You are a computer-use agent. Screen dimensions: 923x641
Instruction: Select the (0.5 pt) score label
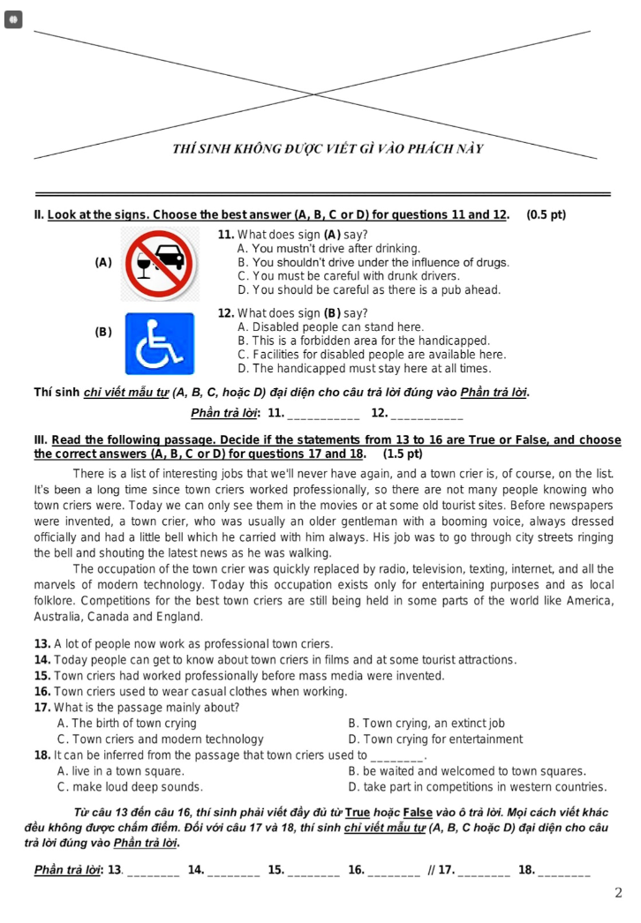pos(546,214)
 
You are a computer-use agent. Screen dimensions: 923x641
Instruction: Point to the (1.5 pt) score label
pos(403,454)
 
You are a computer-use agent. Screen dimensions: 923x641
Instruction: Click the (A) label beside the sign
pos(103,262)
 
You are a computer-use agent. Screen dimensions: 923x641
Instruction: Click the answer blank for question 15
pos(314,871)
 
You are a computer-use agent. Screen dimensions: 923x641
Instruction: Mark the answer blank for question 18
pos(564,871)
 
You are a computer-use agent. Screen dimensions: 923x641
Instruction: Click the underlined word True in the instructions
pos(357,812)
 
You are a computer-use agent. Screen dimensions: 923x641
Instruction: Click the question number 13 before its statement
pos(41,644)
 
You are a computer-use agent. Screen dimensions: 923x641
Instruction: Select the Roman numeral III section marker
pos(41,439)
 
